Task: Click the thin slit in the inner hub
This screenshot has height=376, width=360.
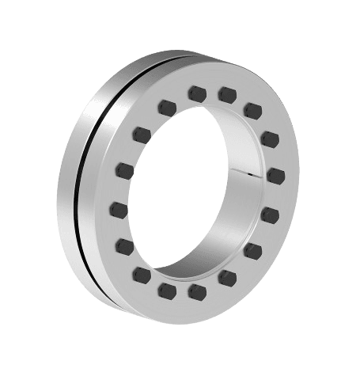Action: click(x=252, y=170)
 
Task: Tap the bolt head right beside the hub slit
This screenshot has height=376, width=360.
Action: click(x=275, y=173)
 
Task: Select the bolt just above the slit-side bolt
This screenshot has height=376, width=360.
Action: click(x=270, y=139)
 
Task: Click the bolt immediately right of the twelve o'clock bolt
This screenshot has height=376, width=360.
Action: click(x=227, y=95)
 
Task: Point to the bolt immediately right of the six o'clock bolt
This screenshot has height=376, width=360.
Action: click(x=226, y=276)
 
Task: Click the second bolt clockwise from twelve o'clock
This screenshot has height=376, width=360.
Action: click(x=252, y=108)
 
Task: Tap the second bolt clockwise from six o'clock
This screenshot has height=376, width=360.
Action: click(x=143, y=274)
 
